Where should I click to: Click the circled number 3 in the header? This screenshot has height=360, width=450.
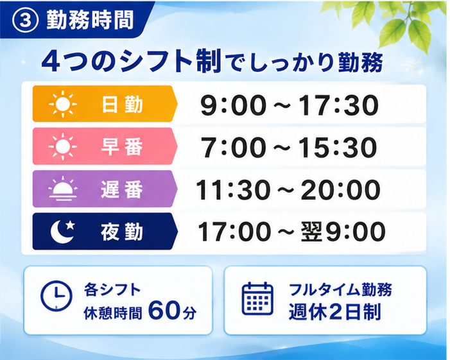click(x=25, y=21)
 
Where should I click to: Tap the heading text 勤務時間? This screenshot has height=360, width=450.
click(x=90, y=20)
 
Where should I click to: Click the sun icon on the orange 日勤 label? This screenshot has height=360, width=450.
click(x=63, y=104)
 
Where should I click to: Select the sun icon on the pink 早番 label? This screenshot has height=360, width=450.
click(x=63, y=146)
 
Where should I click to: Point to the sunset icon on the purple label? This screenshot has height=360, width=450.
click(x=63, y=189)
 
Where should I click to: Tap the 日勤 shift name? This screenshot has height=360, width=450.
click(x=122, y=104)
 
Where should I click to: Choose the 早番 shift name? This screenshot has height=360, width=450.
click(x=122, y=146)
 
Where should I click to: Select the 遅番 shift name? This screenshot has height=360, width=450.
click(x=122, y=189)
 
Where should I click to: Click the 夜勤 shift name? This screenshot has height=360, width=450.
click(x=122, y=232)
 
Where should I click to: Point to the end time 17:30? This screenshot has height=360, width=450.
click(x=339, y=105)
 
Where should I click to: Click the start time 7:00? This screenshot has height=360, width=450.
click(x=233, y=148)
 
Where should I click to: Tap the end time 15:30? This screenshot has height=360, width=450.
click(x=338, y=148)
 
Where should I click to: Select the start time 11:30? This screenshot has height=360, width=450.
click(x=233, y=189)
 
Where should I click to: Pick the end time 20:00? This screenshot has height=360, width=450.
click(x=340, y=189)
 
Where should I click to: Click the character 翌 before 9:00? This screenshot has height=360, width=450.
click(x=311, y=232)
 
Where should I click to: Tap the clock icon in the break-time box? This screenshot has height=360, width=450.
click(x=56, y=296)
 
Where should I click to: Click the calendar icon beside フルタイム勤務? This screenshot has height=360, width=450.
click(x=257, y=298)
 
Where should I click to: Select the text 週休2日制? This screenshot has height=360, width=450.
click(x=334, y=312)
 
